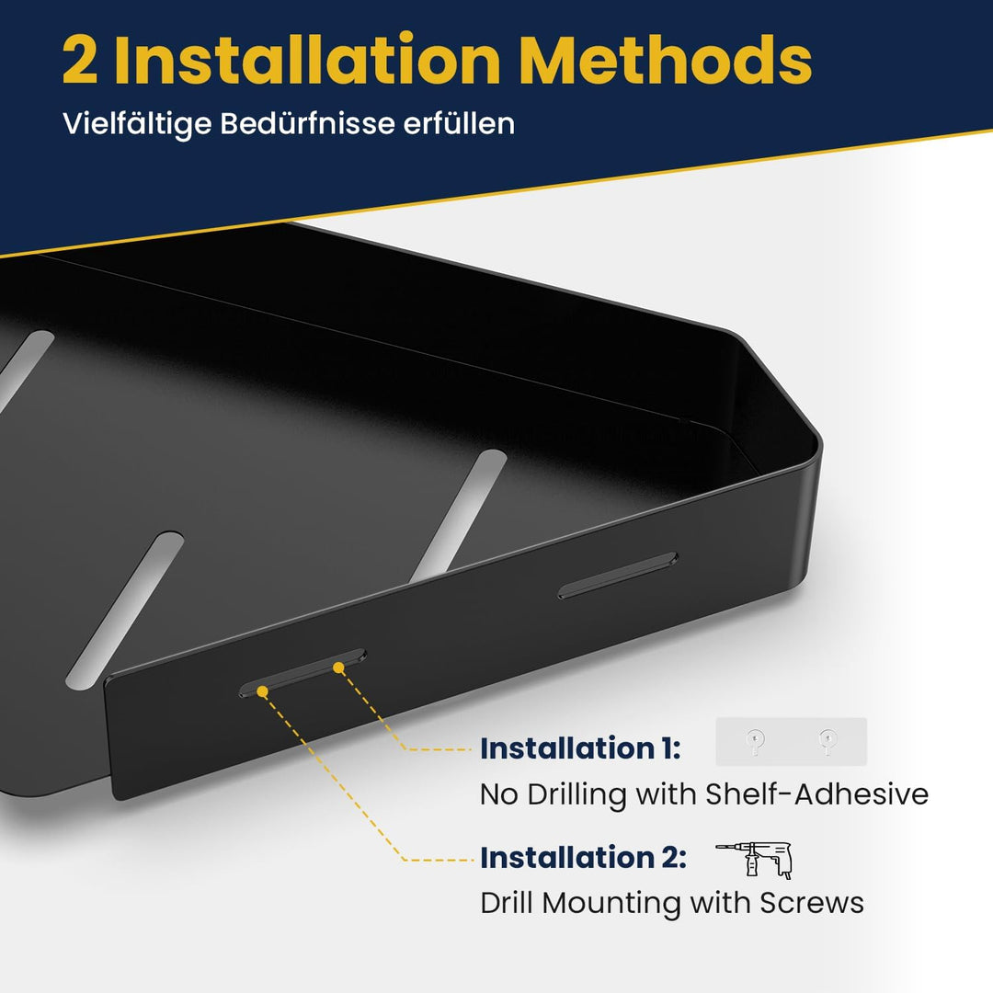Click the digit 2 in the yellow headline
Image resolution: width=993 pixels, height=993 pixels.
[x=80, y=61]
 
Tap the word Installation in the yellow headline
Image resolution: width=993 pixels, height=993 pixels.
[x=308, y=60]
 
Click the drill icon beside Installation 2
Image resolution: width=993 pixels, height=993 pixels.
[x=755, y=860]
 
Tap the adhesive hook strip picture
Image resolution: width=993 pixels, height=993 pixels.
[x=791, y=742]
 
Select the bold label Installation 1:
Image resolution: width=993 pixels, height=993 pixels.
[x=580, y=748]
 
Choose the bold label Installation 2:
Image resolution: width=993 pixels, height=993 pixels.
[x=583, y=858]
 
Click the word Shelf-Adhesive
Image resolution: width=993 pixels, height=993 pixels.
[x=817, y=793]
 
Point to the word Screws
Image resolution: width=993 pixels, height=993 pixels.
[x=812, y=903]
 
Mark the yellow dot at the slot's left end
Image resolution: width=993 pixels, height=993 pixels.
[x=262, y=691]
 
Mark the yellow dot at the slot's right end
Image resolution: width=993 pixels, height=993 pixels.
[x=338, y=668]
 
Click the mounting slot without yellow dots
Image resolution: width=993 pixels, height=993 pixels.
[x=618, y=575]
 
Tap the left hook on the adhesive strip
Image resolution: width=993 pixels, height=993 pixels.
[x=754, y=742]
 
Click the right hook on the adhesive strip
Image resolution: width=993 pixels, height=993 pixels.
[x=827, y=742]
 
